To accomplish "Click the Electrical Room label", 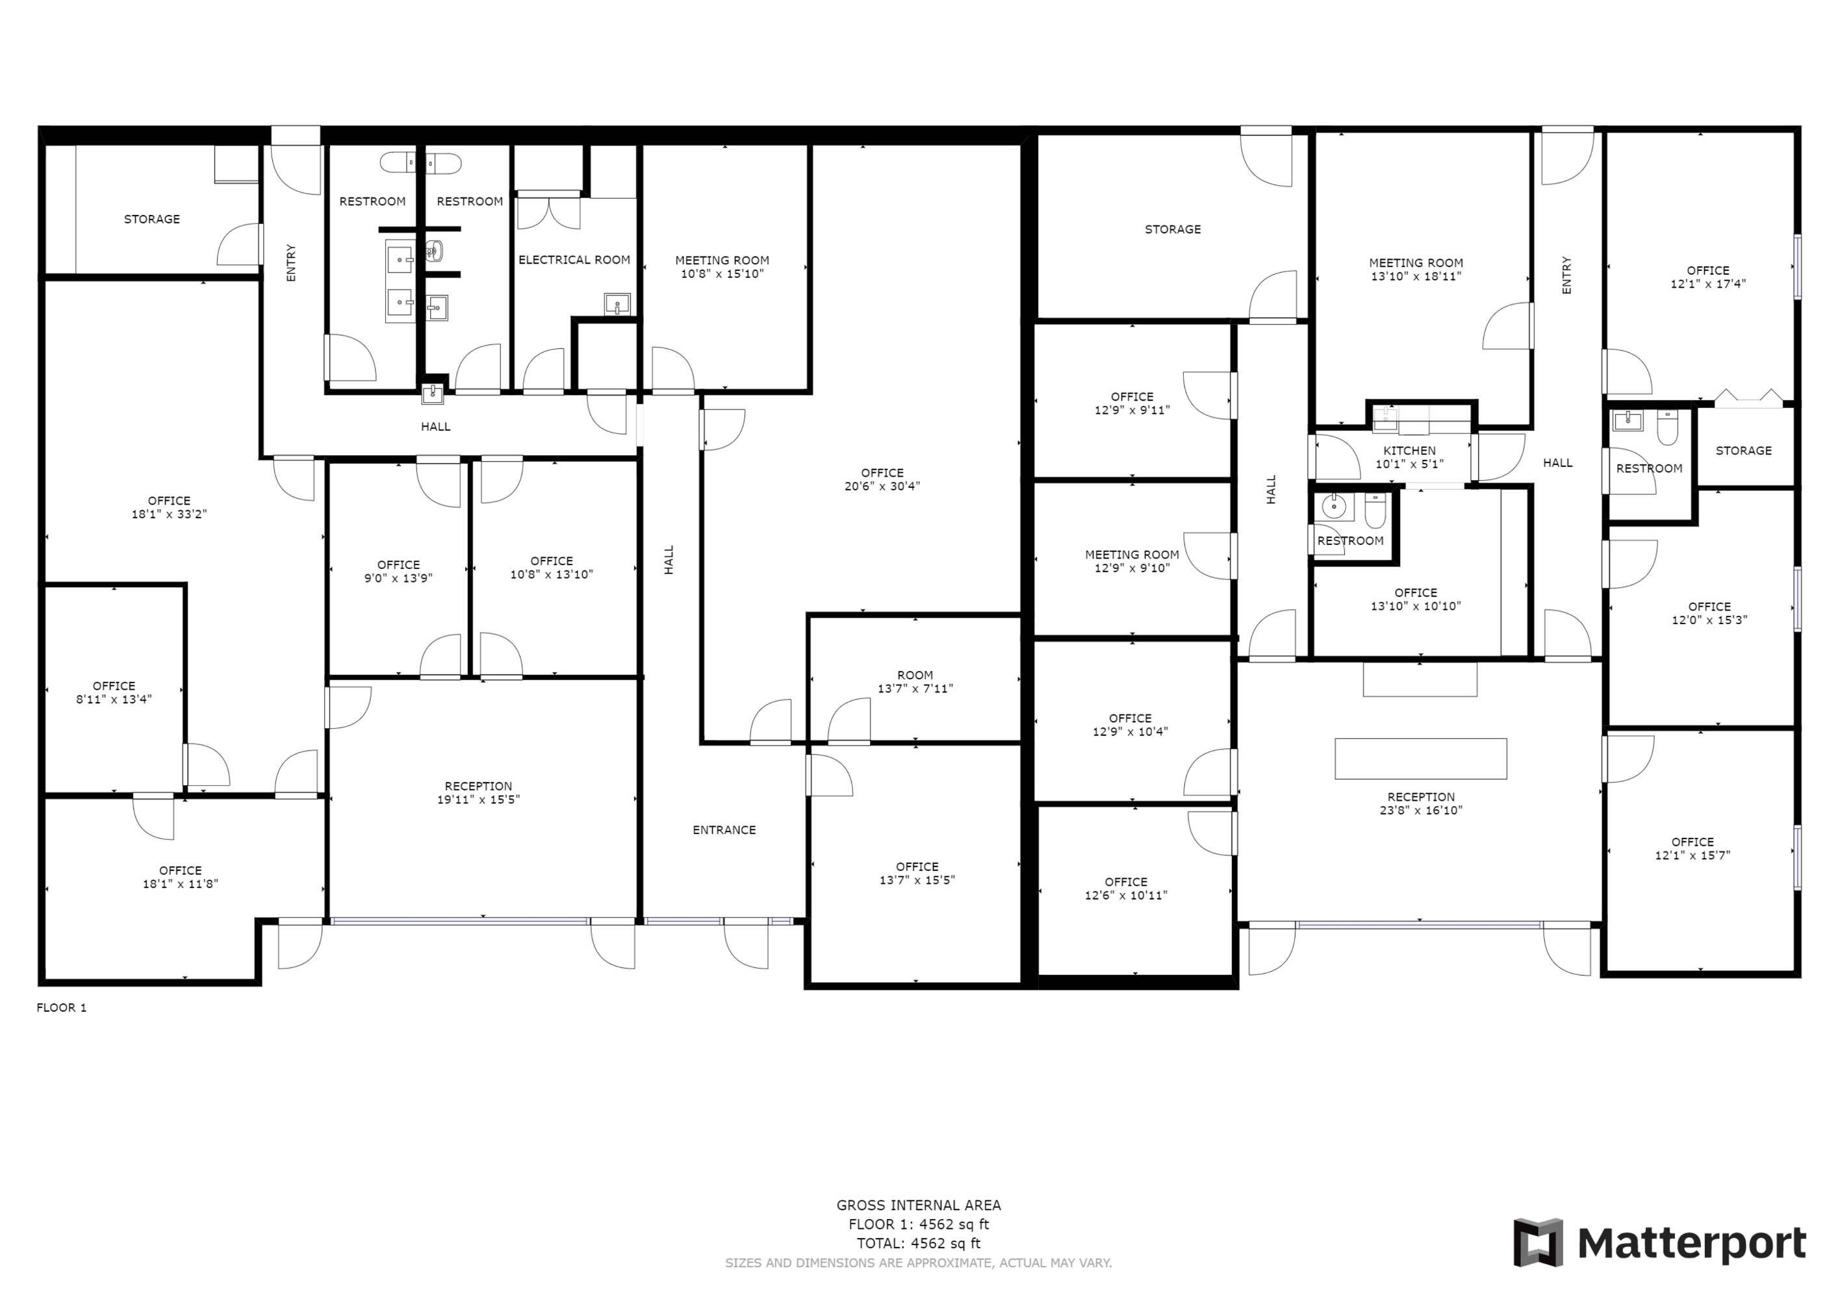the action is (574, 260).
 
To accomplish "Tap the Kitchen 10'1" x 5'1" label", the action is (1410, 457).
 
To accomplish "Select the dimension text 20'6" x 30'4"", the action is (882, 486).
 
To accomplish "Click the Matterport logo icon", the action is (1537, 1242).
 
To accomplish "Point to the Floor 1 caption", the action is (62, 1007).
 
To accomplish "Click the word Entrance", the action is (724, 830).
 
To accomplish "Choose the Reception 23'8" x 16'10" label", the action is (1421, 803).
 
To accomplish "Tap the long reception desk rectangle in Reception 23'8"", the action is (1421, 759).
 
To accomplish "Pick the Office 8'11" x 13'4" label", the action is (114, 692).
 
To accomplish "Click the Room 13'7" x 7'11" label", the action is (915, 682).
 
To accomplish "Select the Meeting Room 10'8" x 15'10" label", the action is (722, 266).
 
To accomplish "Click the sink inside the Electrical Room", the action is (617, 303).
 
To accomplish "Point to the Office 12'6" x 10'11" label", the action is (1127, 889).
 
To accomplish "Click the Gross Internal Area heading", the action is (919, 1205).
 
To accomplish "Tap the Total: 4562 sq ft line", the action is (919, 1244).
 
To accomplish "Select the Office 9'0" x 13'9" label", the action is (399, 572).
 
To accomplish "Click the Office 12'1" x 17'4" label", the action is (1708, 277).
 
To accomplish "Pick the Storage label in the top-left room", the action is (152, 220).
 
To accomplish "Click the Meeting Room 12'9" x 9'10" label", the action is (1132, 561).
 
